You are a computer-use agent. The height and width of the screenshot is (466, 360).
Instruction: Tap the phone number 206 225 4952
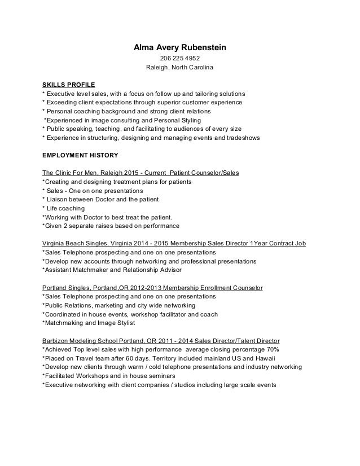[179, 59]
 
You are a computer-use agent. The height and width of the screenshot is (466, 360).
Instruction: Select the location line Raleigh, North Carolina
[179, 69]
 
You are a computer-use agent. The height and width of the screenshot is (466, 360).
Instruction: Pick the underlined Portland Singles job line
[152, 288]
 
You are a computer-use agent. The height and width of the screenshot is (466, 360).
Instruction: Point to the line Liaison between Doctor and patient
[101, 199]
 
